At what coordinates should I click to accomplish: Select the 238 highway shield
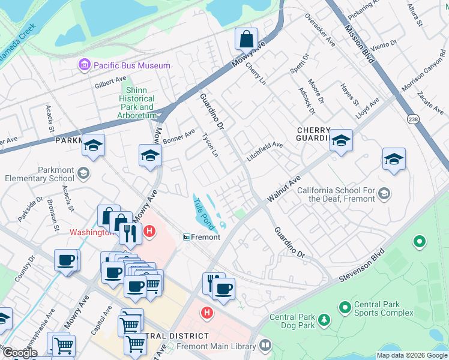pyautogui.click(x=412, y=118)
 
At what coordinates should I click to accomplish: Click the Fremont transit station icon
pyautogui.click(x=187, y=237)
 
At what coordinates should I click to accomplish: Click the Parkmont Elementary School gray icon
pyautogui.click(x=83, y=173)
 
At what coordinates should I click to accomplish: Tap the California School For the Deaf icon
pyautogui.click(x=384, y=193)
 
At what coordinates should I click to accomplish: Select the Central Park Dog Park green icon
pyautogui.click(x=324, y=320)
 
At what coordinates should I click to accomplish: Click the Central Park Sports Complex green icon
pyautogui.click(x=345, y=308)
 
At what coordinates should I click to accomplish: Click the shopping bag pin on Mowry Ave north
pyautogui.click(x=246, y=40)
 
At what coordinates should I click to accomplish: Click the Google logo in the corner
pyautogui.click(x=20, y=353)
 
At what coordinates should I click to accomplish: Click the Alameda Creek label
pyautogui.click(x=18, y=40)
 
